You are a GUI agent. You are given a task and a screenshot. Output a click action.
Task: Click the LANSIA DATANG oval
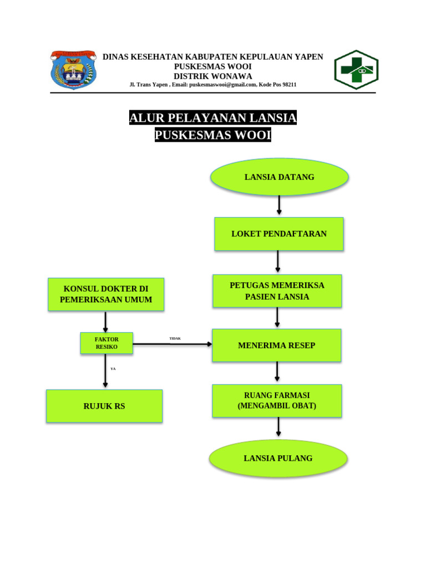click(x=279, y=177)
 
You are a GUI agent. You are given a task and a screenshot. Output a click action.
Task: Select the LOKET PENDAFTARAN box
click(x=279, y=234)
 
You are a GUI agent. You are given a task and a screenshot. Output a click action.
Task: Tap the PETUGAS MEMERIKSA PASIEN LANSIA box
click(x=277, y=291)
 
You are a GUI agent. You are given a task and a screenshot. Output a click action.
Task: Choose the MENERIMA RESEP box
click(x=276, y=346)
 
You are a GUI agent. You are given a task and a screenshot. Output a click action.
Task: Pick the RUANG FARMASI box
click(x=277, y=400)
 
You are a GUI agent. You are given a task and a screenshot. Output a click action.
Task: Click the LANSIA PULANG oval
click(x=278, y=458)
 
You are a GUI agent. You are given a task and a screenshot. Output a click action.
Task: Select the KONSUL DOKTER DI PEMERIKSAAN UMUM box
click(x=106, y=295)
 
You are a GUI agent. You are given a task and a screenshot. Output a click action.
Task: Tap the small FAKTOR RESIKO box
click(x=106, y=343)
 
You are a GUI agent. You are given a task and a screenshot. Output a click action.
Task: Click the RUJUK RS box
click(x=104, y=406)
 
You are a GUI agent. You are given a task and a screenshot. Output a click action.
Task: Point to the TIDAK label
click(x=175, y=338)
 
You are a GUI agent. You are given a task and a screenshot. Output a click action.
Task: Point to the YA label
click(x=113, y=368)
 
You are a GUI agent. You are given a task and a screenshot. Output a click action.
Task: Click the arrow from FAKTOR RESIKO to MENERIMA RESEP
click(x=173, y=344)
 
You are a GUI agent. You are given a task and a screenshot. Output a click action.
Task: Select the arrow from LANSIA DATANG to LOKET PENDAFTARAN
click(x=279, y=205)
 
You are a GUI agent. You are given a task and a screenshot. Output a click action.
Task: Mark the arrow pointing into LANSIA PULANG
click(x=278, y=427)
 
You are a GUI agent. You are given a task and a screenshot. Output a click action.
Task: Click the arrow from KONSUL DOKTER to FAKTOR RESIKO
click(x=105, y=322)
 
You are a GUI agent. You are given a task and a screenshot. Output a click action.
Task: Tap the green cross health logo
click(x=356, y=70)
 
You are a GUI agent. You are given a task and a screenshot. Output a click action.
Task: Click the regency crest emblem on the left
click(x=74, y=70)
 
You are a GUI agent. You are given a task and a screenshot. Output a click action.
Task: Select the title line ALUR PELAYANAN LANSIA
click(x=213, y=118)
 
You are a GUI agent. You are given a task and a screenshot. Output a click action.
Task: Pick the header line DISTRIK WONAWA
click(x=213, y=76)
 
